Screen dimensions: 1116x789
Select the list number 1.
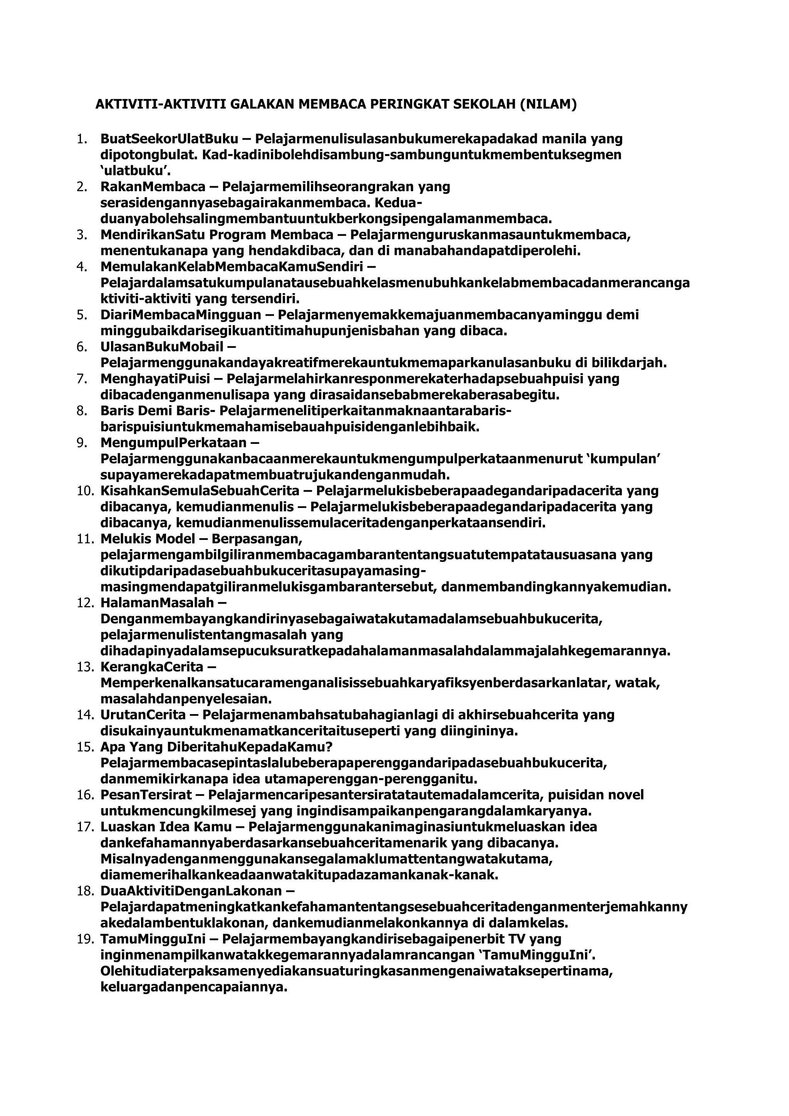pos(82,139)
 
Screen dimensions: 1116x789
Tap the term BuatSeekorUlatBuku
pos(169,139)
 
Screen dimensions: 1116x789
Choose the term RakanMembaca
pos(153,187)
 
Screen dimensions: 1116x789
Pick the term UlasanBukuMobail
pos(162,347)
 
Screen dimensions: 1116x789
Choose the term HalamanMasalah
pos(157,603)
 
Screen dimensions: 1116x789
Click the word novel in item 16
pos(625,795)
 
